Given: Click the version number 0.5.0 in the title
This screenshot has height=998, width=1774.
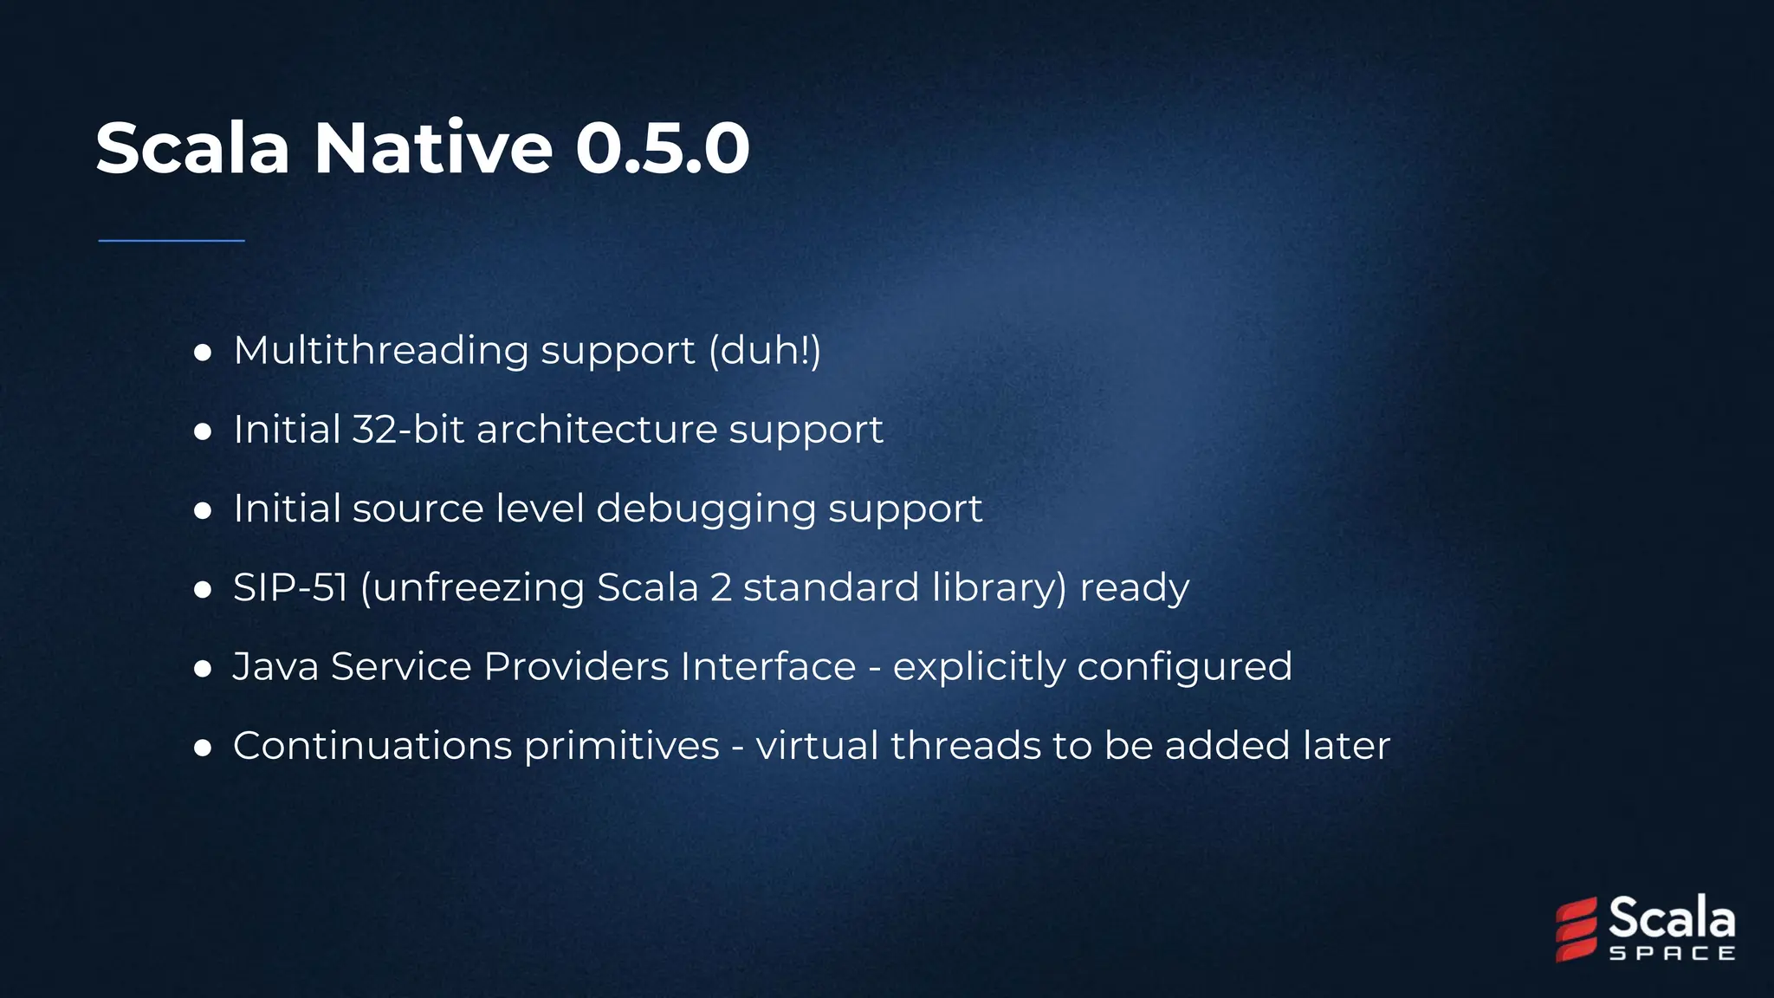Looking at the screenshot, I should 662,148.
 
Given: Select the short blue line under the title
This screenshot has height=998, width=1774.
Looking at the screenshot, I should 172,241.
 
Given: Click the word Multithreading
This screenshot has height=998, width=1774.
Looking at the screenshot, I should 381,351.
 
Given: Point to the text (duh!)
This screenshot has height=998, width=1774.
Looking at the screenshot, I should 765,351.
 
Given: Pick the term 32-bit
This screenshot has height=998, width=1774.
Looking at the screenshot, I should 408,430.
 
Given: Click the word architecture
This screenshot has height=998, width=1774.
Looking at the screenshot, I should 597,430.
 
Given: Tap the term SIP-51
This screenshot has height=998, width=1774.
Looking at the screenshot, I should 290,588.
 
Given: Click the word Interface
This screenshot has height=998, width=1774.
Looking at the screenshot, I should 768,667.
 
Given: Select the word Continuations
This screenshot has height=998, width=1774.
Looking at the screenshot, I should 372,746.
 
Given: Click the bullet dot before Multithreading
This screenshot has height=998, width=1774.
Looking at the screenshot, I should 204,353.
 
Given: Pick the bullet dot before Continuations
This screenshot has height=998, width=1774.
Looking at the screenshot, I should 204,748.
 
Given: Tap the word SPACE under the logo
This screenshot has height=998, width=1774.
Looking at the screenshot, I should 1672,954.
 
